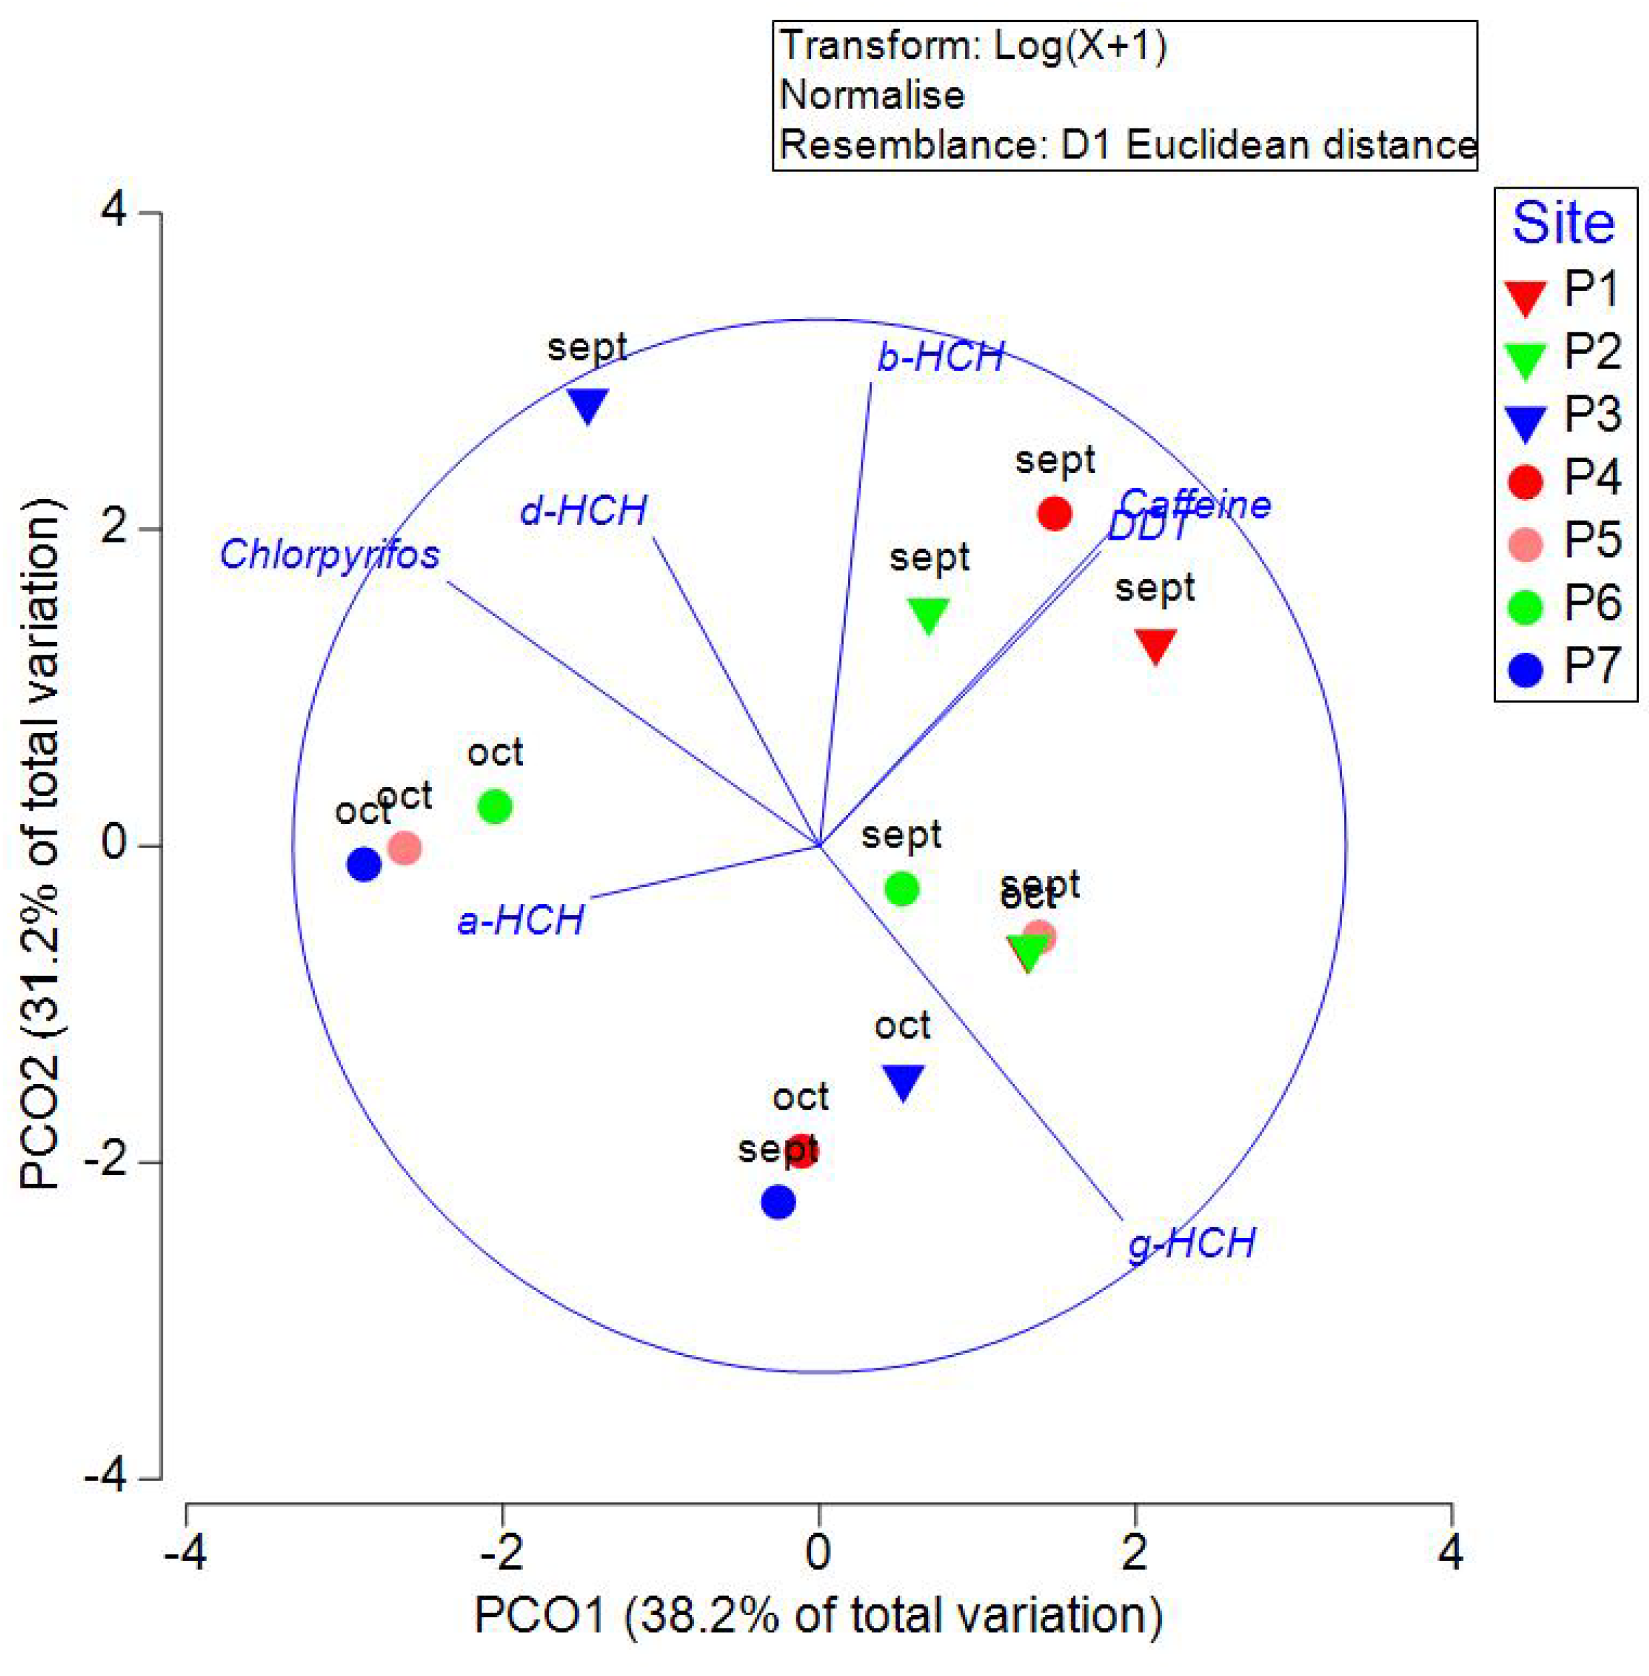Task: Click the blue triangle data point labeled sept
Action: (x=588, y=405)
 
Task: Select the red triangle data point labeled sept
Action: (x=1156, y=645)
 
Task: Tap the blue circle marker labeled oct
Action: (x=364, y=863)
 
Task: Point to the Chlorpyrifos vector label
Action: (x=330, y=554)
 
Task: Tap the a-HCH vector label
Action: (x=520, y=920)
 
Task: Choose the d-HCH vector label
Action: (x=583, y=510)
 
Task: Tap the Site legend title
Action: (x=1563, y=223)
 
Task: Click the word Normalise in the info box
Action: (x=871, y=94)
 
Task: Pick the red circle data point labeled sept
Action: (x=1055, y=514)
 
